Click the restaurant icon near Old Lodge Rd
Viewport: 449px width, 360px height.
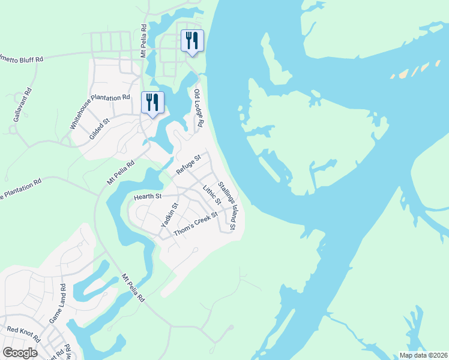(x=192, y=41)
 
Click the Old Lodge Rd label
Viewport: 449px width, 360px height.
(x=199, y=108)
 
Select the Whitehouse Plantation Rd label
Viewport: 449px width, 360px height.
(x=100, y=112)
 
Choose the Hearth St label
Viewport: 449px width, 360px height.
(x=148, y=196)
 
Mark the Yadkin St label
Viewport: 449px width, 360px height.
(x=170, y=215)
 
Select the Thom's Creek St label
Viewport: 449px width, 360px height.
(x=195, y=224)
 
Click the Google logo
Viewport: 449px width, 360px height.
(x=20, y=352)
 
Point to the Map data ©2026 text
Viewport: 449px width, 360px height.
(x=423, y=355)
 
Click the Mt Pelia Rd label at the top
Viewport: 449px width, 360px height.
(x=144, y=41)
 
